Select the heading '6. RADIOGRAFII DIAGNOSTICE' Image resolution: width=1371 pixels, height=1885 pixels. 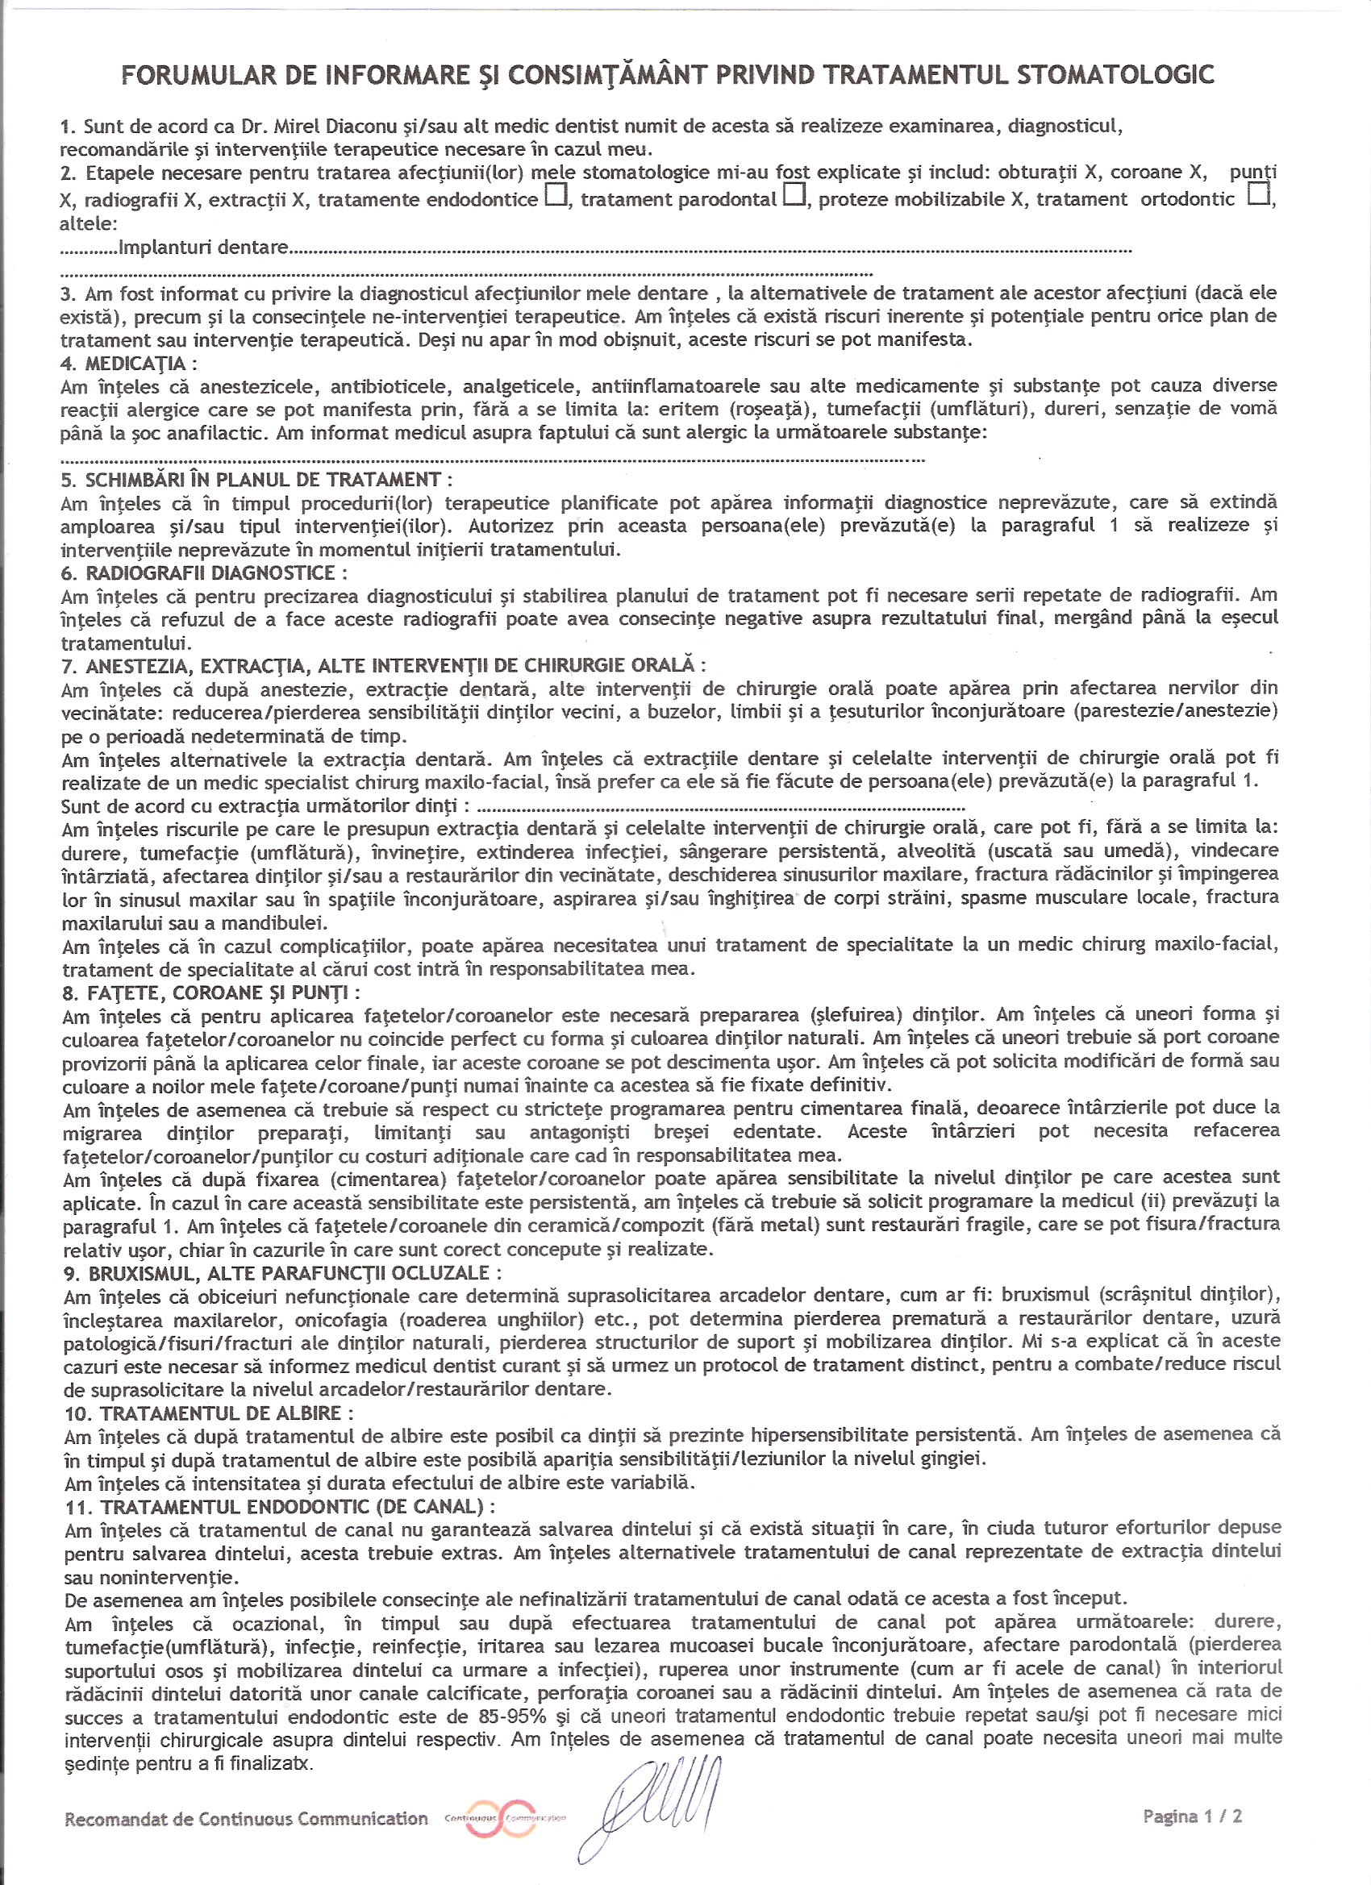[x=205, y=572]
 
